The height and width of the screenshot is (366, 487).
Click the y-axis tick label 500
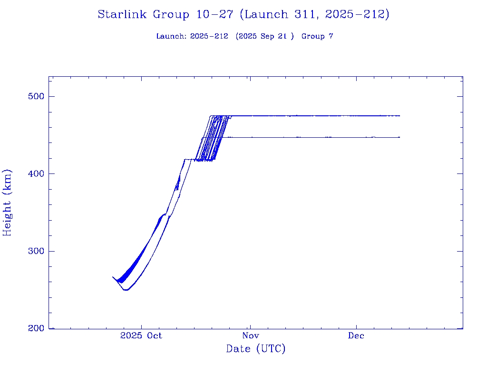coord(34,96)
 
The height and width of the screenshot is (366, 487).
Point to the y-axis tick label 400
coord(34,173)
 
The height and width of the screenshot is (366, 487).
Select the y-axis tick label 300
coord(34,251)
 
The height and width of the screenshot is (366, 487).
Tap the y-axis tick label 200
coord(34,328)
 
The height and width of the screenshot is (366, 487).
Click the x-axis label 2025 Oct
coord(141,335)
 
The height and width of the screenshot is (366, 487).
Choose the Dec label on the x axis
coord(356,335)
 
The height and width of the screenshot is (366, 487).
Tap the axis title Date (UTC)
coord(256,349)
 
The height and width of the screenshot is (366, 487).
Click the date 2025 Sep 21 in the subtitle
coord(265,36)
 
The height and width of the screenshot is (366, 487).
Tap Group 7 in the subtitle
coord(317,36)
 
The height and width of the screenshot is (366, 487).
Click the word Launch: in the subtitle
coord(172,36)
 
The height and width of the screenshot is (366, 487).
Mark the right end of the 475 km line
coord(399,116)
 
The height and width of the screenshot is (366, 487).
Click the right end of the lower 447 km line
coord(399,137)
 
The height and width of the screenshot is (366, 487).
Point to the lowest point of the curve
coord(126,290)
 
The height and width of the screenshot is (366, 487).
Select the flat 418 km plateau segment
coord(190,159)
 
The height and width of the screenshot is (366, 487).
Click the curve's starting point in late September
coord(113,277)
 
